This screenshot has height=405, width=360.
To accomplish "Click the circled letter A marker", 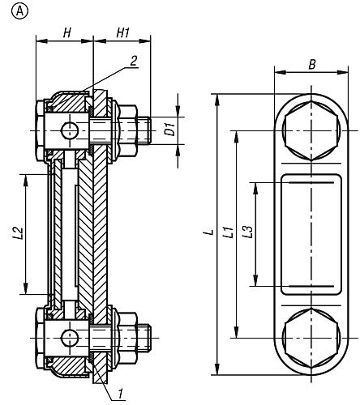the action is coord(19,11).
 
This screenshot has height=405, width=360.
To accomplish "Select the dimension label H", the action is coord(66,33).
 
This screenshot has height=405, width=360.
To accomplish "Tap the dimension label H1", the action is coord(123,33).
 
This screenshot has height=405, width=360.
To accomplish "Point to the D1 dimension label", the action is coord(171,129).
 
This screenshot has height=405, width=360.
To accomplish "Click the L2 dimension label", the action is coord(19,233).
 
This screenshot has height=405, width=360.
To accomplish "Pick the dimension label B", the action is coord(312,65).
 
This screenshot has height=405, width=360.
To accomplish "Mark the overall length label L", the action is coord(210,232).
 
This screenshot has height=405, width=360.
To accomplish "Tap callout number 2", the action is coord(133,61).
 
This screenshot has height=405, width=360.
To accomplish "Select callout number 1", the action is coord(120,394).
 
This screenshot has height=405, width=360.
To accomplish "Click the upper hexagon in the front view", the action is coord(311,131).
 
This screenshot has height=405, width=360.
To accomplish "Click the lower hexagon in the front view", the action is coord(311,338).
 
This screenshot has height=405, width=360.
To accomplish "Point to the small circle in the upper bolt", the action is coord(70,130).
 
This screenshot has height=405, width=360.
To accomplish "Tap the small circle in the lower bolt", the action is coord(70,338).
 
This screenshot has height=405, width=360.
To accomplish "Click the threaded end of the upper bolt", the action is coord(144,130).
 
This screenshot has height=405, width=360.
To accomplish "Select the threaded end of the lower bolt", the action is coord(144,338).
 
